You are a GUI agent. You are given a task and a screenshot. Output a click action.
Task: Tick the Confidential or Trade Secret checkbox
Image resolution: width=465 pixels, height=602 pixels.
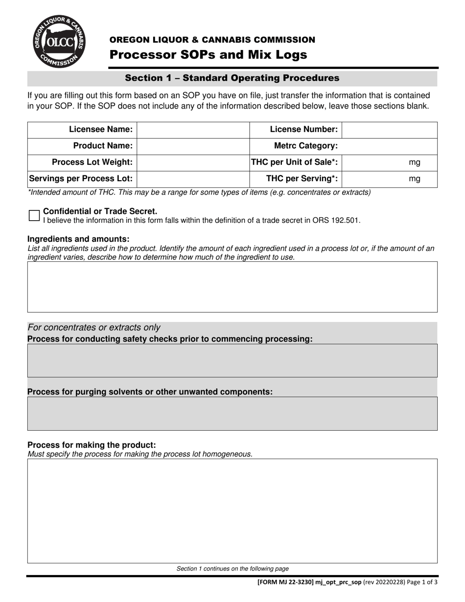point(34,215)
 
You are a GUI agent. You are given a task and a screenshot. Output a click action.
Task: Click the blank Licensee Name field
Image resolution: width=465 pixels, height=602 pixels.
point(193,130)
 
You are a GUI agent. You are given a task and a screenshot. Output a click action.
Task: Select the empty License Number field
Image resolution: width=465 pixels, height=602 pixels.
point(389,130)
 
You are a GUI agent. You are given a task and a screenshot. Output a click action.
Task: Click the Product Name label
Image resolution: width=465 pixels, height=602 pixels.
point(103,146)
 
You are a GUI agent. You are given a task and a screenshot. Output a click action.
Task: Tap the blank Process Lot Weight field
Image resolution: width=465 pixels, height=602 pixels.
point(193,162)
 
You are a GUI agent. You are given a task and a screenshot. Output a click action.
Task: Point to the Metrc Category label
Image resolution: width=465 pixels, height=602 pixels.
point(306,146)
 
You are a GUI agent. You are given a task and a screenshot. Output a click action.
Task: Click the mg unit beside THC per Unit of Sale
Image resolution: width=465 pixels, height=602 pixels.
point(414,162)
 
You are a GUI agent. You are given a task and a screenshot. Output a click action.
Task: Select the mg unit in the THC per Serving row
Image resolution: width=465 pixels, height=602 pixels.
point(414,179)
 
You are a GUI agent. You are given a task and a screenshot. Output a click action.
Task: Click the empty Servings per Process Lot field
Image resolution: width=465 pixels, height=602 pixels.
point(193,179)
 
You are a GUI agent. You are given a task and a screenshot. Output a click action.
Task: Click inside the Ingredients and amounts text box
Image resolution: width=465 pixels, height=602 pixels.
point(232,287)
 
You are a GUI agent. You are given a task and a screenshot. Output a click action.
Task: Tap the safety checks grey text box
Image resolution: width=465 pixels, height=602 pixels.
point(232,360)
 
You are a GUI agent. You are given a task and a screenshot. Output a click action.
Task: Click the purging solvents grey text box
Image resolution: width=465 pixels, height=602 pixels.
point(232,414)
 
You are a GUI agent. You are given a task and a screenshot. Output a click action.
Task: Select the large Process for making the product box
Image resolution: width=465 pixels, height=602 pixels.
point(232,510)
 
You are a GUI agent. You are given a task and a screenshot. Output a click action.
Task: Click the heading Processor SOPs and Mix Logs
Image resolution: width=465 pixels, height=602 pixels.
point(208,55)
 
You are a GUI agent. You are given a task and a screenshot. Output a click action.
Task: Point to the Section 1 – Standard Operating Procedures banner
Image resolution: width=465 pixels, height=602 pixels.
point(232,78)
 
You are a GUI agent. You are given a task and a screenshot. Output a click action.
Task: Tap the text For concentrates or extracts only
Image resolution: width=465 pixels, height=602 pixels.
point(94,327)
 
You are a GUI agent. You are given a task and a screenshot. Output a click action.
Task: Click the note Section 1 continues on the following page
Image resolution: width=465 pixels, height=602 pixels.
point(232,569)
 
